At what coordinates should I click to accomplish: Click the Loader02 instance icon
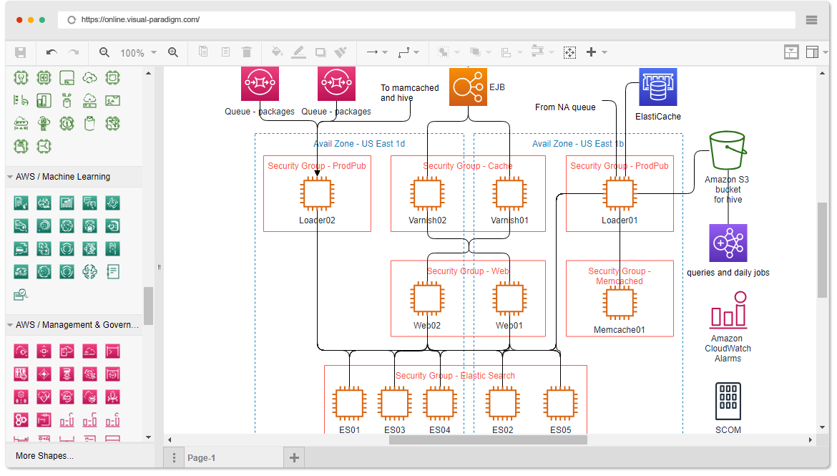[316, 194]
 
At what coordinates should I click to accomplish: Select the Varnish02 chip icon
[427, 194]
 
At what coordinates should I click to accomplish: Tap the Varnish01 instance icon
[509, 194]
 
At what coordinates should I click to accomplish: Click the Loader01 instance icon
[620, 194]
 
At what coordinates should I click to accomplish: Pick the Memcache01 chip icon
[620, 303]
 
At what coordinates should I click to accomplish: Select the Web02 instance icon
[427, 298]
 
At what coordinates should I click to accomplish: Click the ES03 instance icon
[395, 404]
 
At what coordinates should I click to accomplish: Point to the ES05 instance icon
[560, 404]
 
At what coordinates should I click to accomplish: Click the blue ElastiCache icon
[658, 87]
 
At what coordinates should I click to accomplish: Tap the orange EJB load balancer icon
[468, 87]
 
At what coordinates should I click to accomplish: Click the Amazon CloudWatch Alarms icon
[728, 310]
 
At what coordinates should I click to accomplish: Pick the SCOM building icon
[728, 401]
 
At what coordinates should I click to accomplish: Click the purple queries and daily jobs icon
[728, 243]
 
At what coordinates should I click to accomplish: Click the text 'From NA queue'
[565, 107]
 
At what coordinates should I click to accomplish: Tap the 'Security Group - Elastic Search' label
[455, 376]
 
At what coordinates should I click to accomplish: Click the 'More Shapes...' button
[45, 456]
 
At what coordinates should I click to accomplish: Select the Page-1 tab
[201, 458]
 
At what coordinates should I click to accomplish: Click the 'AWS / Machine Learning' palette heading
[63, 177]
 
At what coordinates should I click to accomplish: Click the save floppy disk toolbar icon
[21, 52]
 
